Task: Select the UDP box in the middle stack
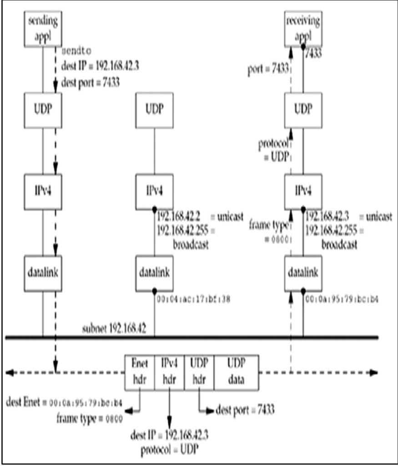coord(154,110)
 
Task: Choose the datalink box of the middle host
coord(154,273)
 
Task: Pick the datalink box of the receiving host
coord(303,273)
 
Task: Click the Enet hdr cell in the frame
coord(140,373)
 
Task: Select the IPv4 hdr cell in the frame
coord(169,373)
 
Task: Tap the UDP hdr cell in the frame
coord(199,373)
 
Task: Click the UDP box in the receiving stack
coord(303,110)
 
